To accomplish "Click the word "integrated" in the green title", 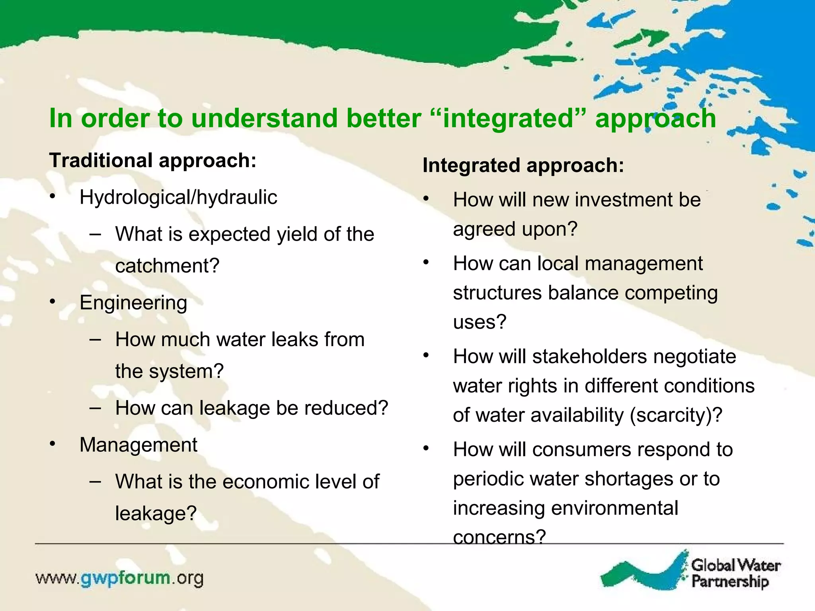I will point(508,119).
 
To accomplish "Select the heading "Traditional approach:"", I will point(153,160).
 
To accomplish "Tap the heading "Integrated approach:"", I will point(523,165).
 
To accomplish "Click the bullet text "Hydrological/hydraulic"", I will point(178,197).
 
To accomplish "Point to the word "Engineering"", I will point(133,303).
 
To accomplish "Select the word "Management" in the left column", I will point(138,445).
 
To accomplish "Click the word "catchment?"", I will point(167,266).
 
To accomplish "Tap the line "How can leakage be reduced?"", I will point(252,408).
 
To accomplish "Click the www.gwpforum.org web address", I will point(119,578).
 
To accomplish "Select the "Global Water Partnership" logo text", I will point(735,573).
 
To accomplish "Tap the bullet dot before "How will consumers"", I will point(426,449).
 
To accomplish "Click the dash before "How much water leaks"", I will point(95,340).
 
